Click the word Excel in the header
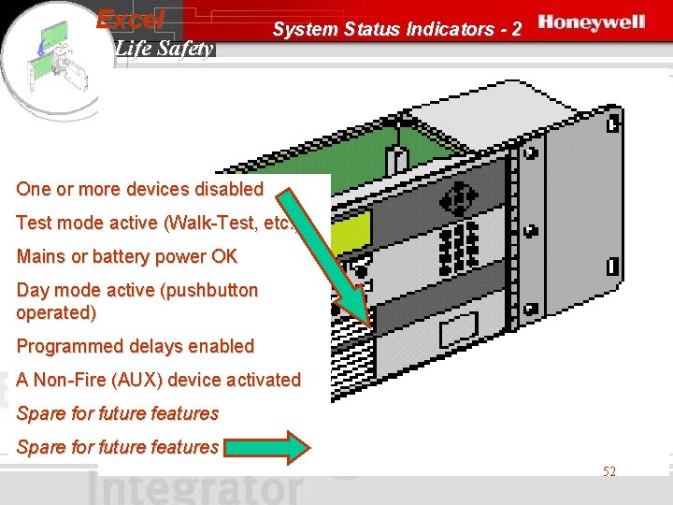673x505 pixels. (x=131, y=19)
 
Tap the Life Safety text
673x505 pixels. (x=165, y=49)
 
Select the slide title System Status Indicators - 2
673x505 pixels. (x=397, y=29)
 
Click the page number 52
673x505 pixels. (x=609, y=472)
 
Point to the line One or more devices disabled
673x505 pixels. (x=140, y=189)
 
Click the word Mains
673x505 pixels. (x=40, y=256)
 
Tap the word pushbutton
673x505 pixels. (x=209, y=290)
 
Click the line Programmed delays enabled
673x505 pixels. (x=136, y=346)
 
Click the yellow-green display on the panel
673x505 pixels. (x=351, y=229)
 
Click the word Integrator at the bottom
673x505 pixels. (x=196, y=489)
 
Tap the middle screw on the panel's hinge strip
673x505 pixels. (x=530, y=229)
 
